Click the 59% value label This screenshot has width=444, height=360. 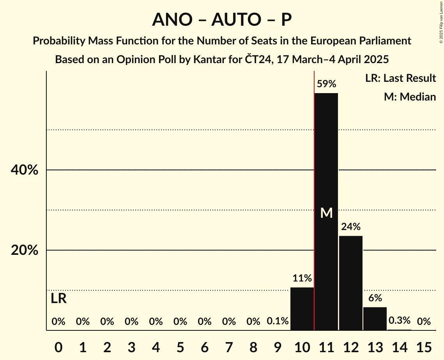click(326, 84)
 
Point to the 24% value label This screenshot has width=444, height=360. click(350, 227)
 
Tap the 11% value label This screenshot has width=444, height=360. click(302, 278)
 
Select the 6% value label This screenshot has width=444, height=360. click(375, 298)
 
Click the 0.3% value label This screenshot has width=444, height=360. click(400, 321)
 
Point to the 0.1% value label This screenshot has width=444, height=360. click(278, 321)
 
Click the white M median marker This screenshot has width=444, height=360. click(326, 213)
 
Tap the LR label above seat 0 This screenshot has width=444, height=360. click(58, 299)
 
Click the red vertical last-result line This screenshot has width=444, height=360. click(314, 195)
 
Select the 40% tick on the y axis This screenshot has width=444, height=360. click(25, 170)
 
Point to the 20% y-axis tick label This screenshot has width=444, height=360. click(25, 251)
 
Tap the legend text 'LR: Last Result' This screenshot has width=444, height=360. click(400, 78)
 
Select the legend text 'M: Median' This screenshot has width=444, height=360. click(410, 97)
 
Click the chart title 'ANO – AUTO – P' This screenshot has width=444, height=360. click(222, 19)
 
